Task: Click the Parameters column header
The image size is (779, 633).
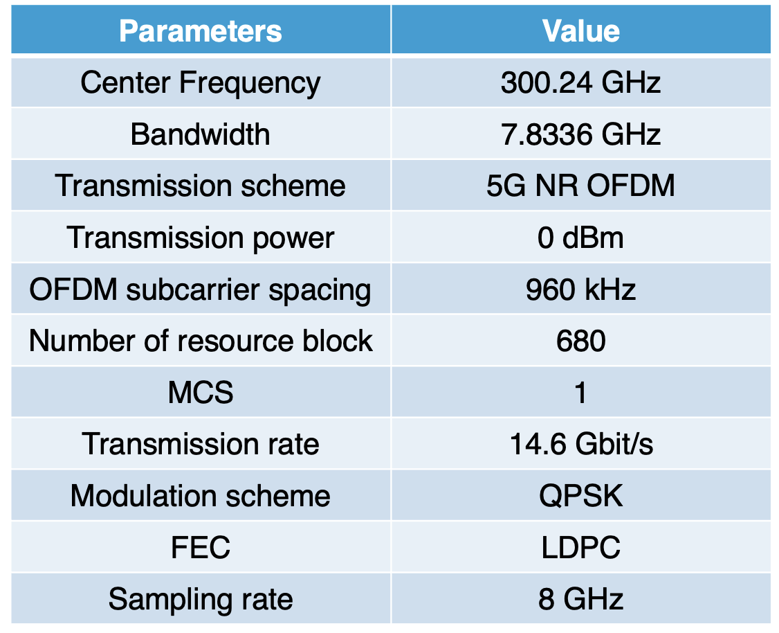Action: [201, 31]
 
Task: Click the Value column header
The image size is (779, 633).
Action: [580, 31]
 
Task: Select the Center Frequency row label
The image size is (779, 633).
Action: [201, 83]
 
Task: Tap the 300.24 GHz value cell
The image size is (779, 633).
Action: [580, 83]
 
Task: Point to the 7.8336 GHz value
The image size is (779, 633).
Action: [580, 134]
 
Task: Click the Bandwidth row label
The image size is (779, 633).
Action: [201, 134]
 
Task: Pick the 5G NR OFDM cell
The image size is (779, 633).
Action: [580, 186]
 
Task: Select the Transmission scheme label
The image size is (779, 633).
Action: [201, 186]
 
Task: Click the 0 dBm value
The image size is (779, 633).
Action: [580, 238]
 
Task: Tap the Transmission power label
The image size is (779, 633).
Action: [201, 238]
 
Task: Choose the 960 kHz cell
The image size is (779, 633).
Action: [580, 289]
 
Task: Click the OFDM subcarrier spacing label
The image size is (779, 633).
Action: [201, 289]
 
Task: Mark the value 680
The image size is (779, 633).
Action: [580, 341]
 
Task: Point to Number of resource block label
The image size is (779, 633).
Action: [201, 341]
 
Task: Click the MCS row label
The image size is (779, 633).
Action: [201, 393]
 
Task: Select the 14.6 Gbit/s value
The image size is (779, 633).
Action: [580, 444]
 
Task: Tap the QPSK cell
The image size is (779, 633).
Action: [580, 496]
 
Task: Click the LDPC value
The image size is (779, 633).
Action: [580, 548]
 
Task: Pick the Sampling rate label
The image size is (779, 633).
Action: [201, 599]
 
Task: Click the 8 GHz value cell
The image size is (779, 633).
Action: [580, 599]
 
